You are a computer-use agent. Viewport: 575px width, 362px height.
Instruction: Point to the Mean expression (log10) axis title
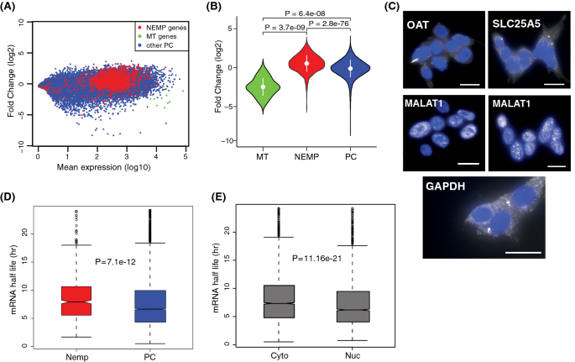111,166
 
